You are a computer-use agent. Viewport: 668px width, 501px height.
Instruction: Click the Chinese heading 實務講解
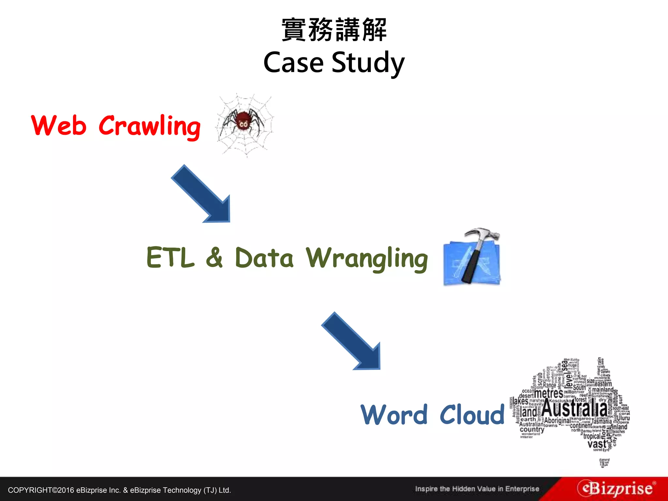[334, 30]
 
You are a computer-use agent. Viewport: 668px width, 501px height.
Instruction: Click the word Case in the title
[293, 63]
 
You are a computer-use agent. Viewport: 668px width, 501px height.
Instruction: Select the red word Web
[59, 125]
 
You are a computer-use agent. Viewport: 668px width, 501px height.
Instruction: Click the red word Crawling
[149, 127]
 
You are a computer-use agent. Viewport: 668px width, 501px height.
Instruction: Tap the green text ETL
[170, 258]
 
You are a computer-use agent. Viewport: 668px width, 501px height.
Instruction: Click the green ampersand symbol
[214, 258]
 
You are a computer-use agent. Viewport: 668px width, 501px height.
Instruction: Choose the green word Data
[264, 258]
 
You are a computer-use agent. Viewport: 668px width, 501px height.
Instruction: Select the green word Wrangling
[367, 259]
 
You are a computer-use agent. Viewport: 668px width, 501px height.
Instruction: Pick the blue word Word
[394, 415]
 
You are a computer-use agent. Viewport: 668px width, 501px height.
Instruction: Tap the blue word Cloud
[472, 415]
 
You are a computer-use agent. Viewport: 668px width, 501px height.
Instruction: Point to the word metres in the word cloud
[548, 393]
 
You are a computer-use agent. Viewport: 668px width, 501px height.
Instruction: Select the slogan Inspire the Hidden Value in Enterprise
[477, 489]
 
